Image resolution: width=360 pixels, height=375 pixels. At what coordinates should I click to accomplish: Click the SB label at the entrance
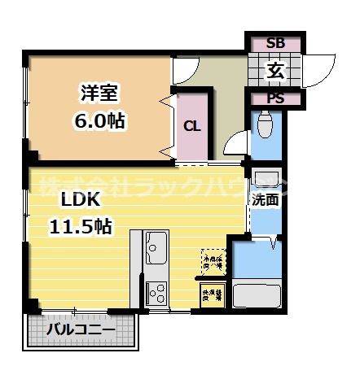coord(275,44)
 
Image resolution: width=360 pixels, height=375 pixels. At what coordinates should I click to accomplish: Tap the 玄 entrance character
coord(275,71)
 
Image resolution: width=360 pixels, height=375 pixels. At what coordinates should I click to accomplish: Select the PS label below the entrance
coord(275,99)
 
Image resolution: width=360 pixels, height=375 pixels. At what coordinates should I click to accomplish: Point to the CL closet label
coord(191,126)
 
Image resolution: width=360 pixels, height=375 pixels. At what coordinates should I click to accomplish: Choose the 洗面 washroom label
coord(264,199)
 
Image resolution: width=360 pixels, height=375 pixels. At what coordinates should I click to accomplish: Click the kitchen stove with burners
coord(156,291)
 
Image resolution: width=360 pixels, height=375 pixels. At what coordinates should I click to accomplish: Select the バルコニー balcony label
coord(80,329)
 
